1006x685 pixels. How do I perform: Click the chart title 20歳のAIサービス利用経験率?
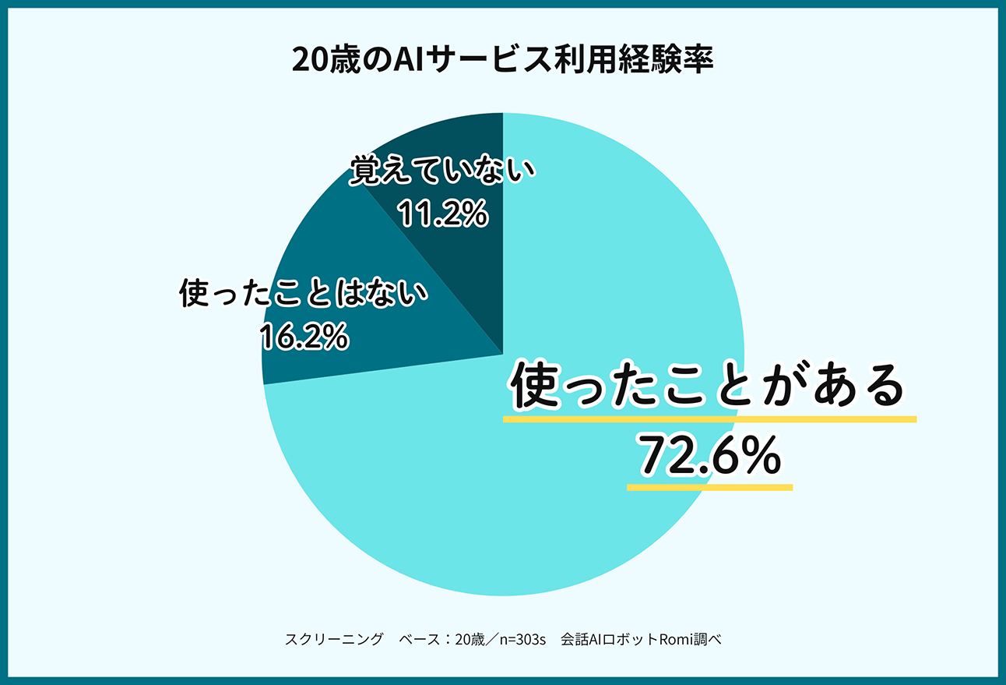(x=502, y=60)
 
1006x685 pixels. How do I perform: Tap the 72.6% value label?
(x=709, y=457)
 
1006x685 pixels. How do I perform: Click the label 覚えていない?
(x=442, y=171)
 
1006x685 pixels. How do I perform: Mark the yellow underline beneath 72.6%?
(x=709, y=488)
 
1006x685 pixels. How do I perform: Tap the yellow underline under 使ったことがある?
(x=709, y=419)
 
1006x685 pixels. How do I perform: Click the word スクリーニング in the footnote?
(x=334, y=640)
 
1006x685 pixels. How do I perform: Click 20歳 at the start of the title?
(x=318, y=60)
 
